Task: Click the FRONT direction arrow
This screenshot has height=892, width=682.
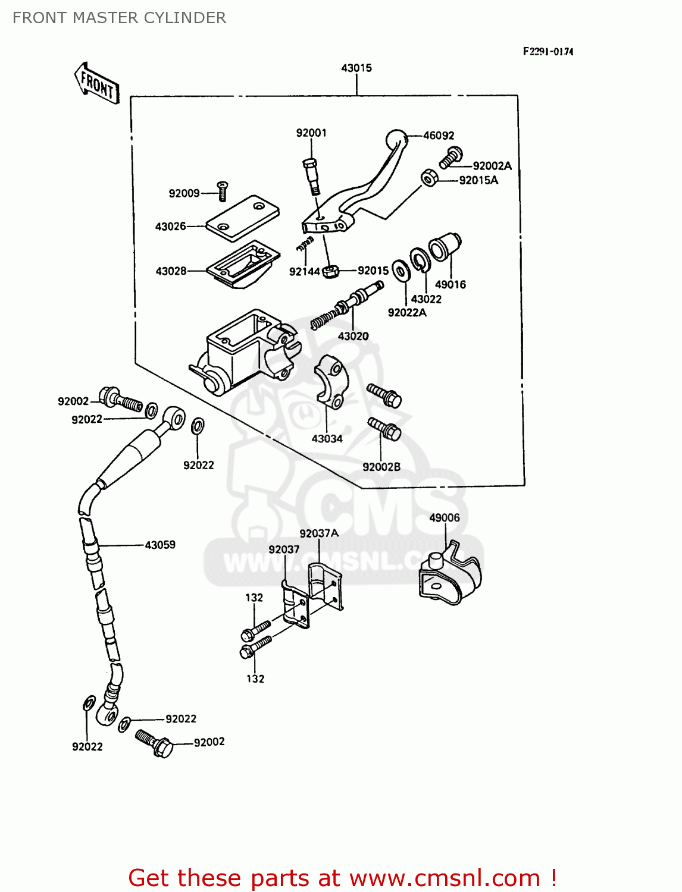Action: coord(97,84)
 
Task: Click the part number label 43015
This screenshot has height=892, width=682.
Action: coord(356,68)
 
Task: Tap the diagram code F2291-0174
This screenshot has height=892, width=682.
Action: coord(548,52)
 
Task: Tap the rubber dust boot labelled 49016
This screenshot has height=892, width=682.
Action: coord(445,247)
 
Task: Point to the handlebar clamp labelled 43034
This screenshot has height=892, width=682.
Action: coord(329,381)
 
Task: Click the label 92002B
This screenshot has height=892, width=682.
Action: coord(381,467)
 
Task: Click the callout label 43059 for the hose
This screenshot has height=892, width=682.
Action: coord(160,545)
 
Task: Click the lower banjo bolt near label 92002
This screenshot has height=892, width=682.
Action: coord(154,742)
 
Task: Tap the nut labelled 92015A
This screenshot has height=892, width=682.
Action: coord(429,178)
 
